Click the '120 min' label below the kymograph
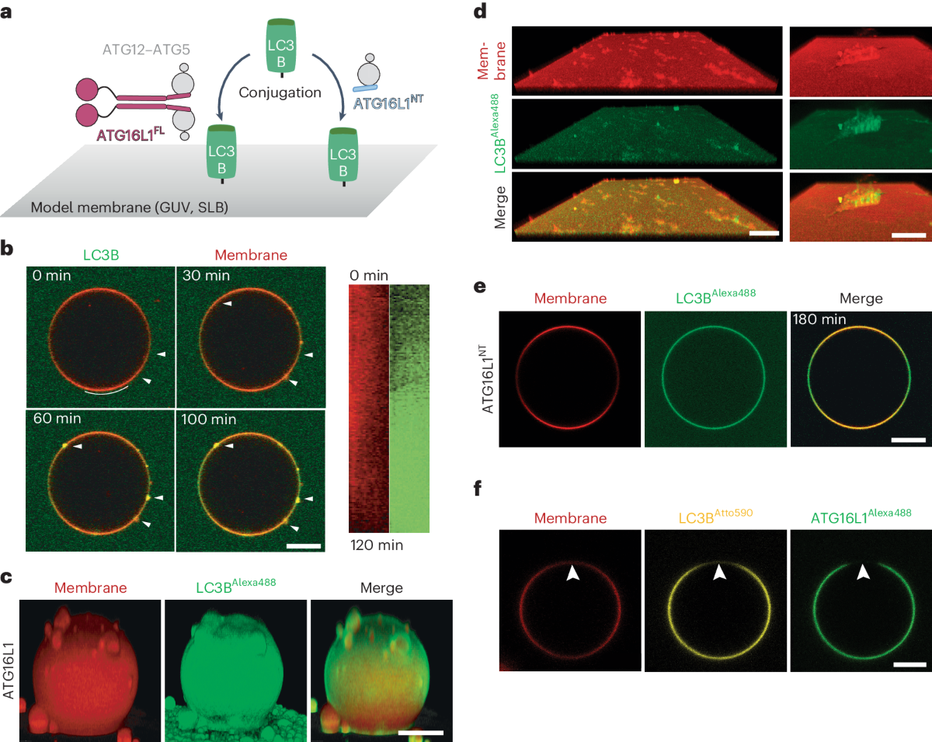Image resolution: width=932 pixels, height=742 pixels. pos(376,545)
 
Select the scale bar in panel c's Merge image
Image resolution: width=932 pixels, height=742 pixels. pos(420,732)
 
